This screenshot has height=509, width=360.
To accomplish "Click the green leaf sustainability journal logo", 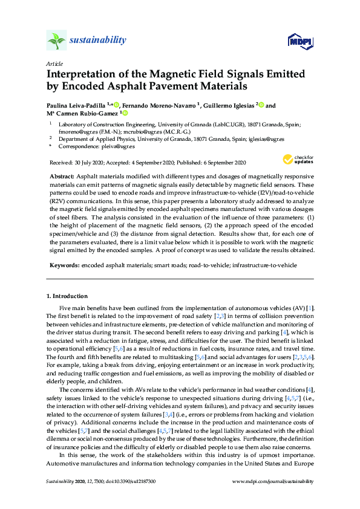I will click(56, 41).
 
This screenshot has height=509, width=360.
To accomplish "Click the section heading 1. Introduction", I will click(67, 296).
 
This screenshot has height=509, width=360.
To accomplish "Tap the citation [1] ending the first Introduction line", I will click(310, 308).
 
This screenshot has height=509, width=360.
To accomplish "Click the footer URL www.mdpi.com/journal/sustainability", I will click(273, 481).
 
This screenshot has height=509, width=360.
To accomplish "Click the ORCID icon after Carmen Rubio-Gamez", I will click(125, 113).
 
